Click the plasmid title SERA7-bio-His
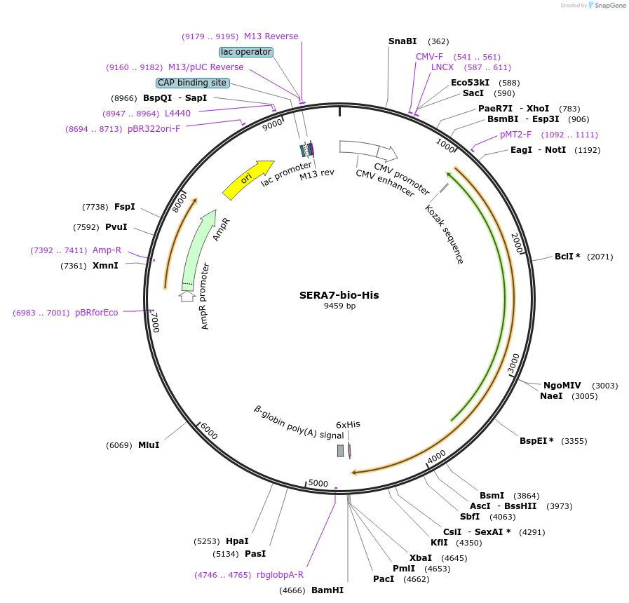(x=339, y=295)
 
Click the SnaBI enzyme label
(x=403, y=41)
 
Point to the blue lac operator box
(x=245, y=52)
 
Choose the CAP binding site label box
(x=192, y=83)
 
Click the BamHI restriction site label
(x=327, y=590)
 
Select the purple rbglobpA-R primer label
(x=280, y=575)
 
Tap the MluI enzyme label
(x=149, y=445)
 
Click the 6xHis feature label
(x=348, y=424)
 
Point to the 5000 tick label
(x=318, y=483)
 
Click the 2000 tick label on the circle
(x=517, y=243)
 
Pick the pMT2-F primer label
(x=515, y=135)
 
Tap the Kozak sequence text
(x=445, y=234)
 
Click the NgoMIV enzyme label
(x=562, y=386)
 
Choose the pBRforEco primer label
(x=97, y=313)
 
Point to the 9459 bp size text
(x=339, y=306)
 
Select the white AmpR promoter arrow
(x=187, y=296)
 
